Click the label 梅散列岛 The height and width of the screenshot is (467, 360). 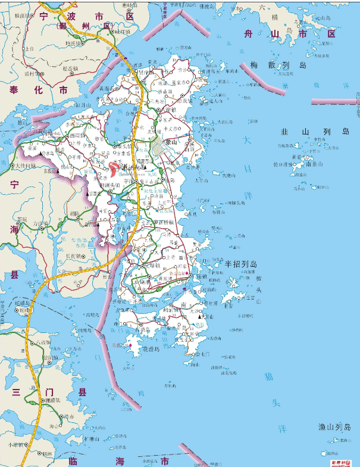click(278, 65)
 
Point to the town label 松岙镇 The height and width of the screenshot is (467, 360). click(71, 69)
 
